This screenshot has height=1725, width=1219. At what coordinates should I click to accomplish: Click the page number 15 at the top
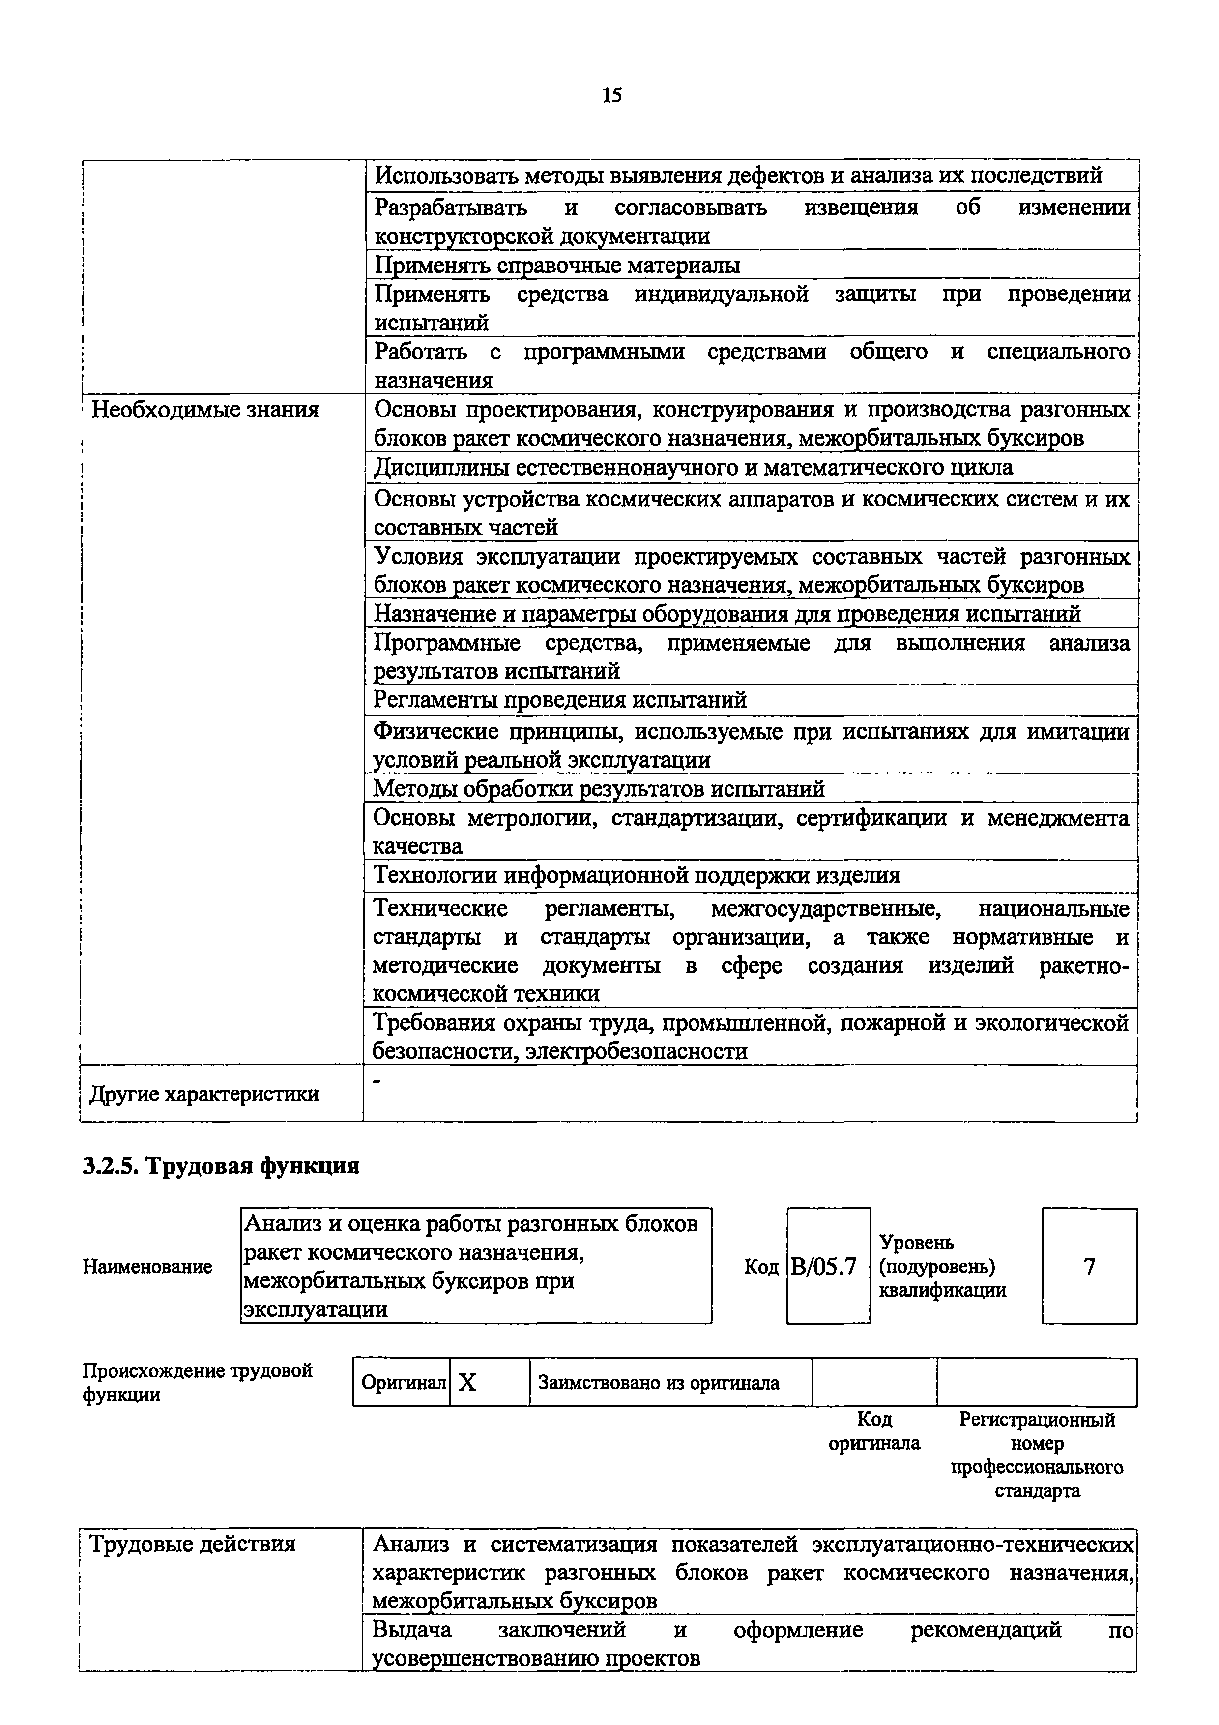point(611,95)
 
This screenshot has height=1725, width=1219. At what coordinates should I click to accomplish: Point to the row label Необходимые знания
point(205,410)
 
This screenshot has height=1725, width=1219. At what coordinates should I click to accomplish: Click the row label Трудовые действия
point(192,1545)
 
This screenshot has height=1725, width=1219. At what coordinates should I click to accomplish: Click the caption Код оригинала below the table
point(874,1431)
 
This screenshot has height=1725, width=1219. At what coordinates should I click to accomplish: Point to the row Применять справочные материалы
point(557,265)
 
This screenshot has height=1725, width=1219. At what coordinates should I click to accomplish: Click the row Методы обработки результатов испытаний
point(599,789)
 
